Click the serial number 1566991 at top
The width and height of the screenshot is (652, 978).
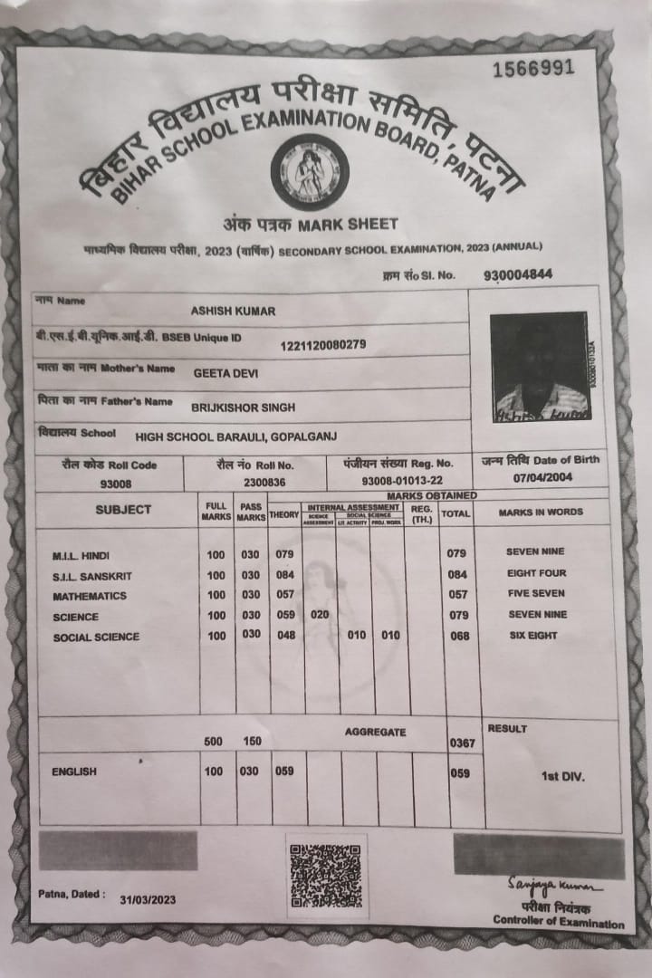[x=533, y=70]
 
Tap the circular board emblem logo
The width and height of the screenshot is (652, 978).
[x=310, y=171]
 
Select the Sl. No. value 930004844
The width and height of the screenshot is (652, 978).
[x=518, y=274]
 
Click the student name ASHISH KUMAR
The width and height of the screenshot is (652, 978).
[x=233, y=311]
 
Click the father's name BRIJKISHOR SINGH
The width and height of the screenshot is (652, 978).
[x=243, y=407]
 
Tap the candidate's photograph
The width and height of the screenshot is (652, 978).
[x=539, y=367]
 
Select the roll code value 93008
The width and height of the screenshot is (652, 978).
[x=115, y=484]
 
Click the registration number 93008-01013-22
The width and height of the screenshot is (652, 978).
[x=402, y=481]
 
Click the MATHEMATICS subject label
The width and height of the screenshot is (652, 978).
[x=90, y=597]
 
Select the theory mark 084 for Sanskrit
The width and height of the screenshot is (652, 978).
[x=285, y=575]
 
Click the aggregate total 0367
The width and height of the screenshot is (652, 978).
[x=462, y=743]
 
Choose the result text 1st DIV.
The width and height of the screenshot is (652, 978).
[x=562, y=776]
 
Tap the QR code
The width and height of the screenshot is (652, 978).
[x=326, y=876]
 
